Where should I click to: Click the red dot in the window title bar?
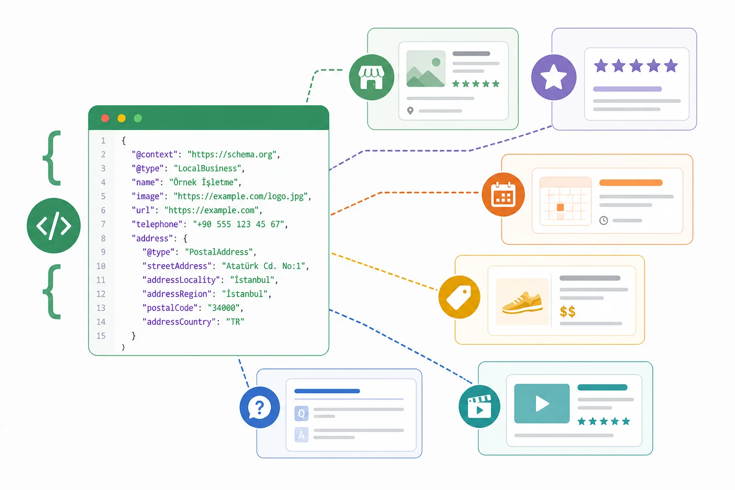105,118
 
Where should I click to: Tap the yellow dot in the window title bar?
122,118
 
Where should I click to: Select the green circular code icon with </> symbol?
54,225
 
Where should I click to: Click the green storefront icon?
371,77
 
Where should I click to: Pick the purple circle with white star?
554,77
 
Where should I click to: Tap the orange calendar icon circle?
503,194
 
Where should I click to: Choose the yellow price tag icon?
459,297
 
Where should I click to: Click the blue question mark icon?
259,407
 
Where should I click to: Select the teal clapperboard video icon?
479,407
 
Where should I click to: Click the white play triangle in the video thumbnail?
542,403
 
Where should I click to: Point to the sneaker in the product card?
522,302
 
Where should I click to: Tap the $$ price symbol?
568,311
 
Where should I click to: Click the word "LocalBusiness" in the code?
207,168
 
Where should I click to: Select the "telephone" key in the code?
157,224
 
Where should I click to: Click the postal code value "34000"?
224,308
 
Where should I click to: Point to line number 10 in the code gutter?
101,266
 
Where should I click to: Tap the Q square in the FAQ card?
301,413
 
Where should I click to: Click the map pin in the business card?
410,111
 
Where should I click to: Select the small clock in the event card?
603,220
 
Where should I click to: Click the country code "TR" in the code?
235,322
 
